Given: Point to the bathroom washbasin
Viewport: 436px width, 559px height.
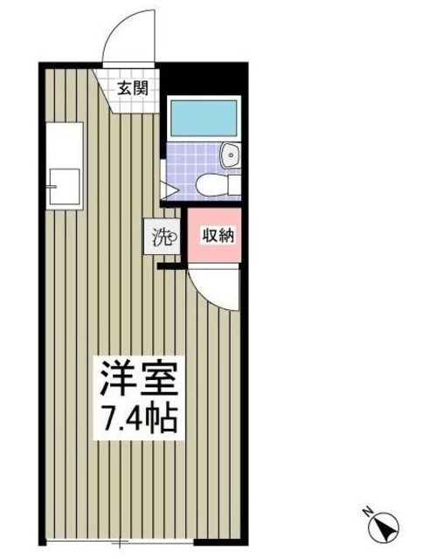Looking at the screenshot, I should click(232, 156).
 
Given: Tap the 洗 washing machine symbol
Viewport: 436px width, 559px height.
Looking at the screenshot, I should click(163, 237).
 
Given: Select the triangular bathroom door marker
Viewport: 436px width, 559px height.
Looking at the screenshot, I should click(170, 186).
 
